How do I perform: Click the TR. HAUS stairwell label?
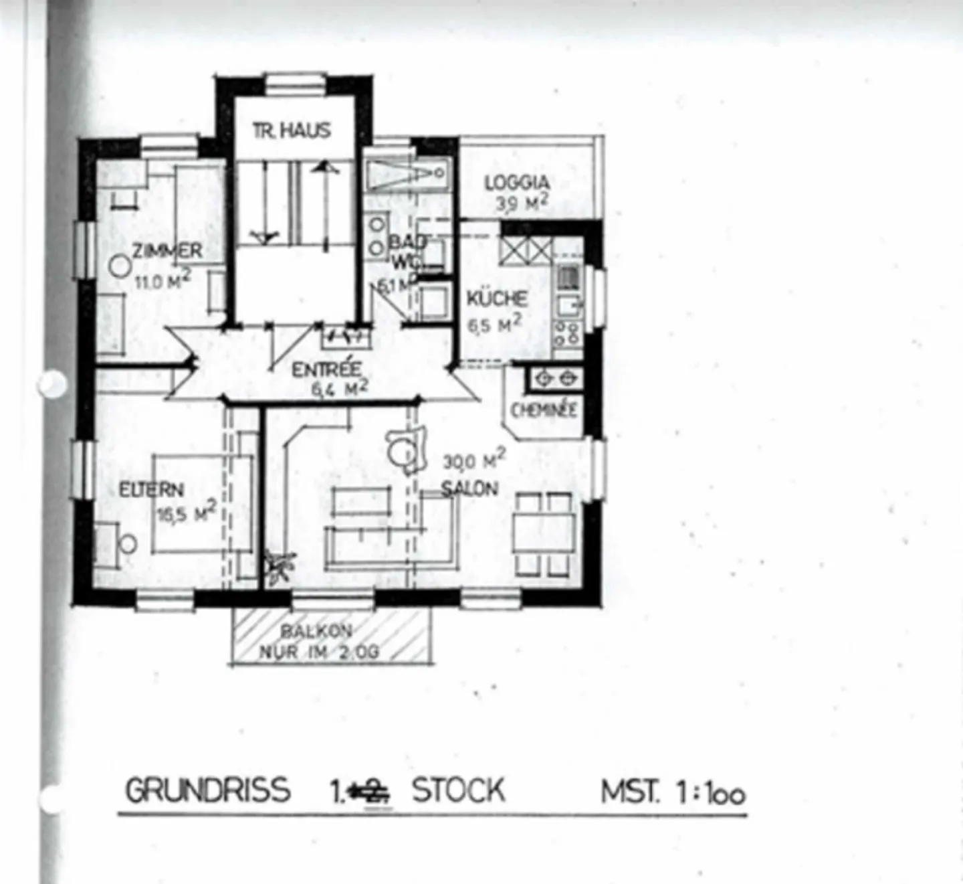point(292,130)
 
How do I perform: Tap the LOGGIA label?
point(517,182)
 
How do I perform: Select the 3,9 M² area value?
point(522,203)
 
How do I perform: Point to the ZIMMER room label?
point(167,251)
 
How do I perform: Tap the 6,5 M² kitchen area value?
point(494,325)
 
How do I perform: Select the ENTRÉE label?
point(327,369)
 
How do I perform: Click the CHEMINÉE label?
point(543,410)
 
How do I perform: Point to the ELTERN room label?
point(151,489)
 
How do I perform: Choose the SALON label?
point(469,489)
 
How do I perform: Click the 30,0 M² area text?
point(474,460)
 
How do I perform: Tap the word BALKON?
point(316,630)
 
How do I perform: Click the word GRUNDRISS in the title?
point(208,790)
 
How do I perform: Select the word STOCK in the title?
point(458,790)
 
